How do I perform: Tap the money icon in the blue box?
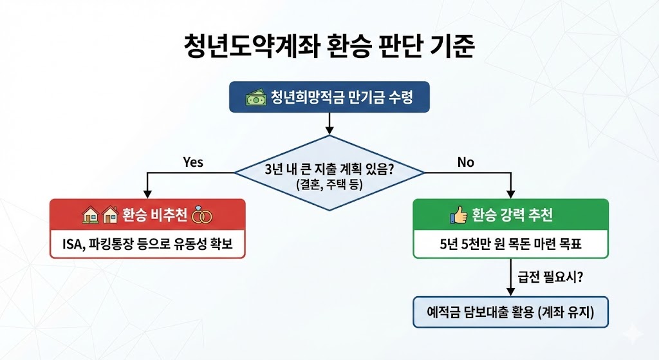(x=255, y=98)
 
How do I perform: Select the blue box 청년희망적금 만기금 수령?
(x=329, y=98)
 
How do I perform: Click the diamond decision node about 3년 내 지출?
(x=329, y=173)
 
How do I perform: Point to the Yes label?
(x=192, y=162)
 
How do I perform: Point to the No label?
(x=465, y=162)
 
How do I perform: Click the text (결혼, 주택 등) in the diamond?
(x=329, y=184)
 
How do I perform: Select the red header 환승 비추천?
(x=147, y=215)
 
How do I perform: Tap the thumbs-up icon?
(x=458, y=215)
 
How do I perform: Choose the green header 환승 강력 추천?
(x=510, y=215)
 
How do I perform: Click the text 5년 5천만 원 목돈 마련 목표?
(x=511, y=245)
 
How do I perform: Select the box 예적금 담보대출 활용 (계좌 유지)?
(x=510, y=312)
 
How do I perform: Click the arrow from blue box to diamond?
(x=329, y=122)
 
